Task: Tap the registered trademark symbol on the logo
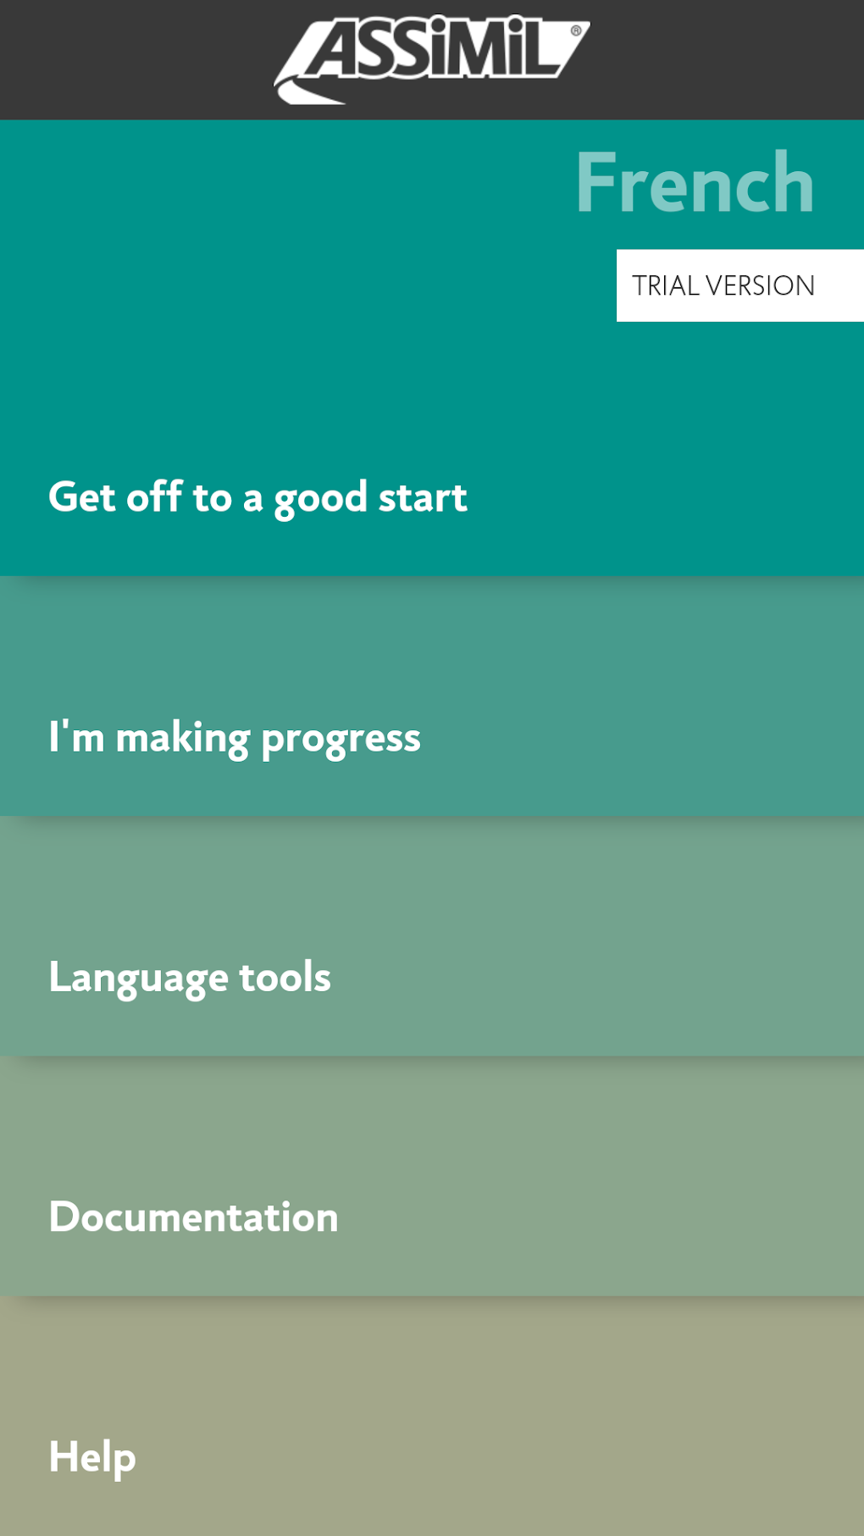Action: click(576, 30)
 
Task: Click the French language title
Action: click(695, 183)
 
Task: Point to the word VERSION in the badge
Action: click(760, 286)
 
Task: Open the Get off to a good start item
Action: click(258, 497)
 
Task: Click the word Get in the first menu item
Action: click(81, 497)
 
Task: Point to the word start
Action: click(423, 497)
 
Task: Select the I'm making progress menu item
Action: click(235, 738)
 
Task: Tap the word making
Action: click(183, 738)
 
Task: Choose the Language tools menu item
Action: click(190, 978)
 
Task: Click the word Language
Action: click(138, 978)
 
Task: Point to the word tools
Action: click(285, 977)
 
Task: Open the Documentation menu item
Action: click(193, 1217)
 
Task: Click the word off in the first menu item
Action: click(154, 496)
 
